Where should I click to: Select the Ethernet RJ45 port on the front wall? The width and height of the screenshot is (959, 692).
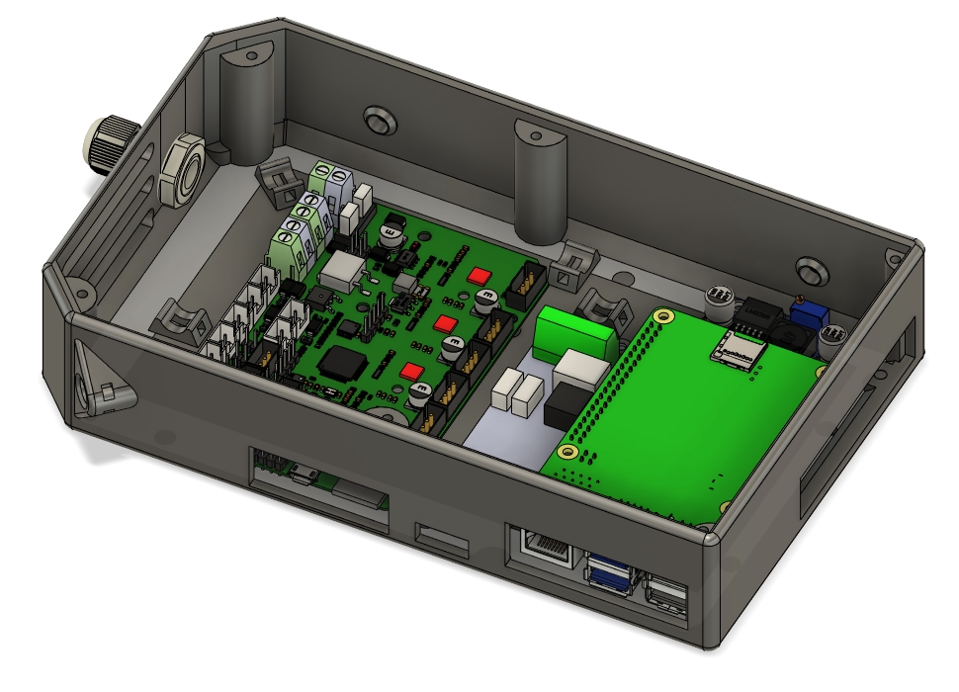click(x=542, y=547)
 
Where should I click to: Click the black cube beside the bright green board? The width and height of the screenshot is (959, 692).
click(x=567, y=403)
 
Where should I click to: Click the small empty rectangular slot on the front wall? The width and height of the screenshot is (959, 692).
click(x=443, y=538)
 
